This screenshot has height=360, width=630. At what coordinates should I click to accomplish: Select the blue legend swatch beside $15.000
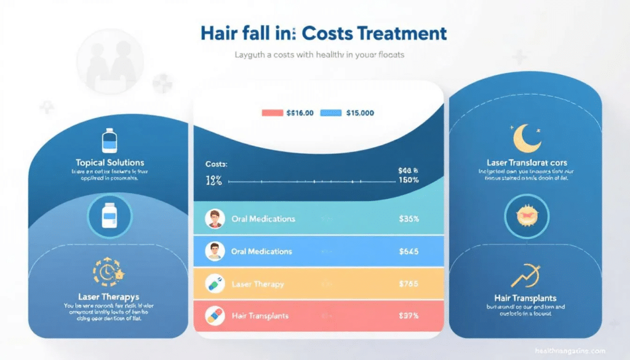[x=331, y=113]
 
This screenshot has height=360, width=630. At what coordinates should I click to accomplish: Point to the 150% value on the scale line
[x=408, y=180]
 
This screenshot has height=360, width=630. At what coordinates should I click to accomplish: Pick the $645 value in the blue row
[x=409, y=251]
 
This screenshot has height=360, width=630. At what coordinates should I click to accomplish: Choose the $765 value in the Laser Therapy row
[x=409, y=284]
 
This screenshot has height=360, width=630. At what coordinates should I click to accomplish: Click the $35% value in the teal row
[x=409, y=218]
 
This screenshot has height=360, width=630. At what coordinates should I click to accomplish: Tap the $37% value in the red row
[x=409, y=316]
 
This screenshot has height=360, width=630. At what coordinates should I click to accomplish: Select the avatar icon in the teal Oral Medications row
[x=215, y=218]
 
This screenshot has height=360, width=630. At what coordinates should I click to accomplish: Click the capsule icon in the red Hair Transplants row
[x=215, y=315]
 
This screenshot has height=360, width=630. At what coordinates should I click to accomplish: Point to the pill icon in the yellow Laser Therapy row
[x=215, y=284]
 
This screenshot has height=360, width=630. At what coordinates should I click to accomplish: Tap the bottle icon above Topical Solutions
[x=110, y=140]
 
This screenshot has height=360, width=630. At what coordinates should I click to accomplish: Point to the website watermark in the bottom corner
[x=570, y=350]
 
